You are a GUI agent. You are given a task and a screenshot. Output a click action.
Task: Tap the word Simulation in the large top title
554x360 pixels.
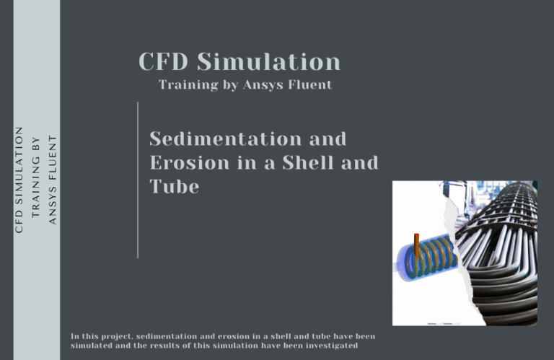click(270, 62)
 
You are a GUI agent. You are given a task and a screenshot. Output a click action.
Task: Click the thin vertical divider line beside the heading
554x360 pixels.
click(138, 180)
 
